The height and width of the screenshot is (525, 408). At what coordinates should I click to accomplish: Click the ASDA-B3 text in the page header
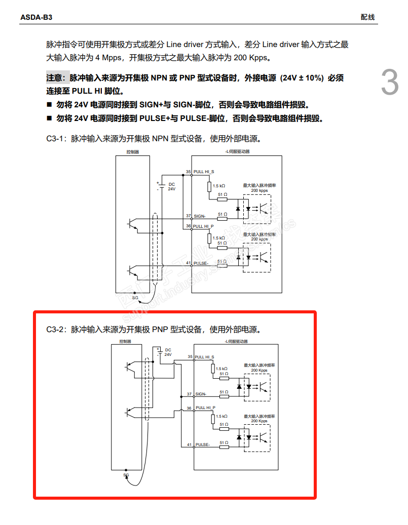tap(36, 17)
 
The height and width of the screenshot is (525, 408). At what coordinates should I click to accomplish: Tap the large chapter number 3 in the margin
tap(389, 83)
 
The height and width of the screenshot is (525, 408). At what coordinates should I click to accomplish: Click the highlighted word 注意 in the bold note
tap(56, 78)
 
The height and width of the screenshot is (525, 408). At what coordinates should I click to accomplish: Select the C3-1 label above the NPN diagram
tap(56, 138)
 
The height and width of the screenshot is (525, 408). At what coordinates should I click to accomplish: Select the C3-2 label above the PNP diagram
tap(56, 329)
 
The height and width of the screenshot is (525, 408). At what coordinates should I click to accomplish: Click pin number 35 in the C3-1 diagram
tap(188, 172)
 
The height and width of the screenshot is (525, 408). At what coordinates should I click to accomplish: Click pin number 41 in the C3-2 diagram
tap(189, 445)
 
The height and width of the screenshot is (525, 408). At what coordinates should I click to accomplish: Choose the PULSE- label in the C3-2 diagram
tap(203, 445)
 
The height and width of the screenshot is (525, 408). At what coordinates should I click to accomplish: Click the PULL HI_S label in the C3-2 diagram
tap(205, 357)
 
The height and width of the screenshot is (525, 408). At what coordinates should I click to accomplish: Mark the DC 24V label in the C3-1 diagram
tap(171, 186)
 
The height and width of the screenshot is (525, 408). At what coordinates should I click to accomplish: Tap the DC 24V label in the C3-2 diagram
tap(168, 352)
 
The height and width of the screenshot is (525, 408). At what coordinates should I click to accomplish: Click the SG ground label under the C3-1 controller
tap(135, 298)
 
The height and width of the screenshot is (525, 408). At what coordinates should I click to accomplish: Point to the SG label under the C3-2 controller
tap(126, 475)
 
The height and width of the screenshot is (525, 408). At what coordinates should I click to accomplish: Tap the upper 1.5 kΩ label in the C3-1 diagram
tap(219, 186)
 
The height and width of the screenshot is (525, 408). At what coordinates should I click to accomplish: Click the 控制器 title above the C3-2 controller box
tap(125, 342)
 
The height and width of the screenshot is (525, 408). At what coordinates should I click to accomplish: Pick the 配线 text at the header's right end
tap(367, 17)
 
